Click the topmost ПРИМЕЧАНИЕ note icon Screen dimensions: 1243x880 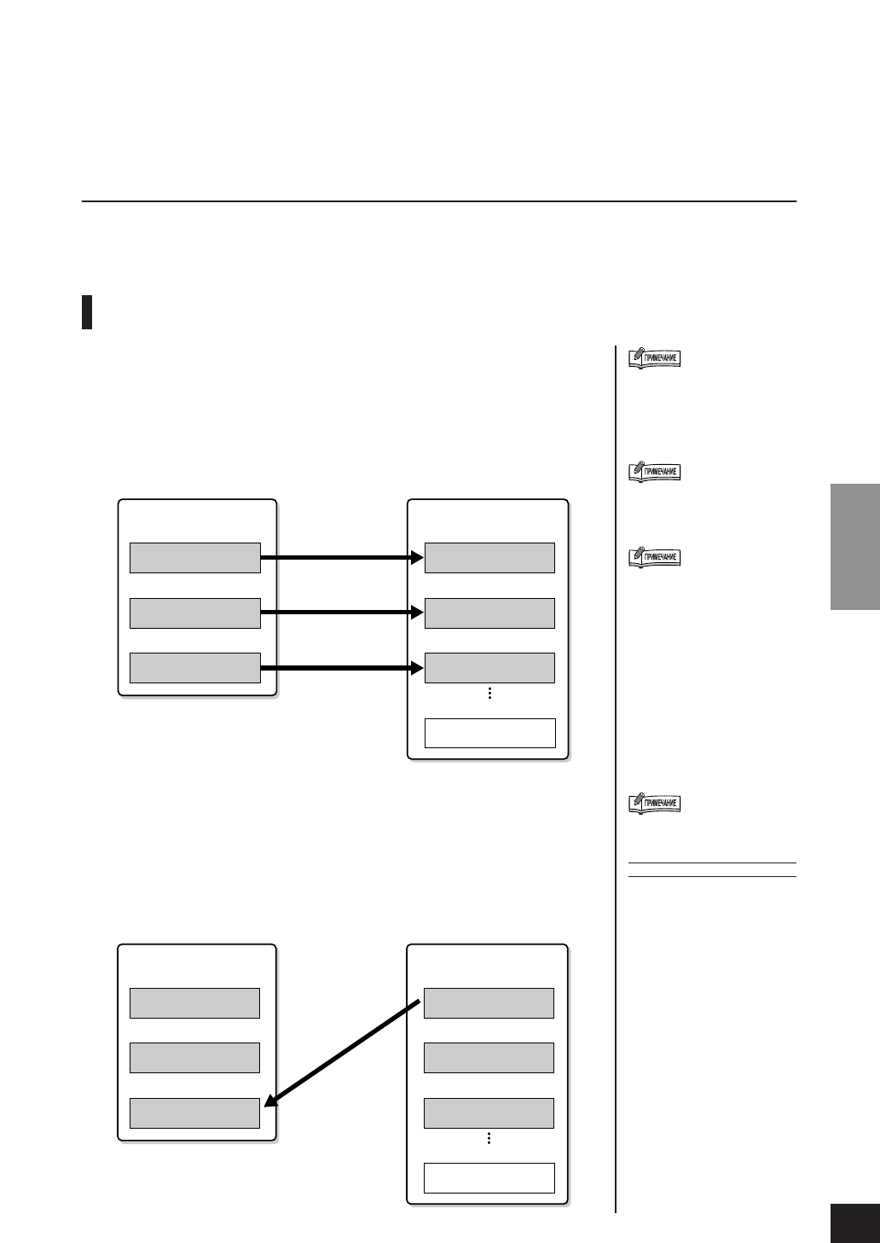[x=654, y=358]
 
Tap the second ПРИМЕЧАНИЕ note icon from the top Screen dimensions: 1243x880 [x=654, y=472]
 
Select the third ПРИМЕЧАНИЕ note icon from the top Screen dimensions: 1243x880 [x=654, y=557]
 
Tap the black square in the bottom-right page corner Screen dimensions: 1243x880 [x=854, y=1223]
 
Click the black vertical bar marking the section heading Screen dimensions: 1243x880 [x=87, y=312]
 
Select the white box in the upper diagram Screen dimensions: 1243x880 [x=489, y=733]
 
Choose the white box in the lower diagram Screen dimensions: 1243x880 [x=489, y=1177]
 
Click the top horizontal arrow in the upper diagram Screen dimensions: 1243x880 [x=341, y=558]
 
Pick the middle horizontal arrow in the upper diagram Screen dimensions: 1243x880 [x=341, y=613]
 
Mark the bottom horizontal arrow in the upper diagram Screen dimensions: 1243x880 [x=341, y=668]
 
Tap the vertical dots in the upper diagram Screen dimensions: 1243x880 [x=489, y=694]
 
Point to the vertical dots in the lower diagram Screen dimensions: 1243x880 [x=489, y=1138]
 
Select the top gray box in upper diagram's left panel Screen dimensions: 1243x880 [x=194, y=558]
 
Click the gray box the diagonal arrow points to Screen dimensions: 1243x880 [x=194, y=1113]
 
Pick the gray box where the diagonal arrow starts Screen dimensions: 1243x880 [x=489, y=1003]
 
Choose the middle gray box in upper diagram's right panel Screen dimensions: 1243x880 [x=489, y=613]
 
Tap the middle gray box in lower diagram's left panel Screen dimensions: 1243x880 [x=194, y=1058]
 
